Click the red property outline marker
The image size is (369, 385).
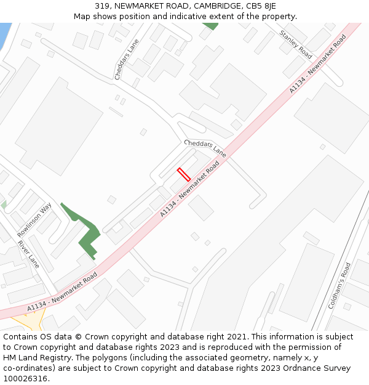point(183,174)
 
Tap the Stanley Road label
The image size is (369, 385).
point(296,44)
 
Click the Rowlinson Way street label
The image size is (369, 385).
point(34,220)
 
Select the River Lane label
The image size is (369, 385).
point(28,254)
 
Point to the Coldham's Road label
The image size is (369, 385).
point(339,285)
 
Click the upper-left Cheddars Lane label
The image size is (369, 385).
point(127,59)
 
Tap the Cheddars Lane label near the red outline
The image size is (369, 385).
point(205,148)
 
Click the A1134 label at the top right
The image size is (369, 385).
point(318,63)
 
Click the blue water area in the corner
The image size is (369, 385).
point(4,34)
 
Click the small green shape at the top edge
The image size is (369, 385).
point(211,26)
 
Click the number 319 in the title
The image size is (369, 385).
point(102,6)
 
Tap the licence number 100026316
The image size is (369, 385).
point(25,378)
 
